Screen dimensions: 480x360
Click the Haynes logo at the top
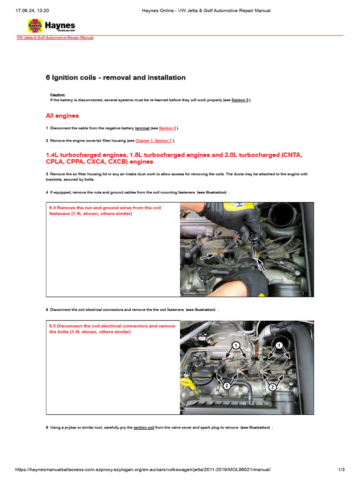point(51,26)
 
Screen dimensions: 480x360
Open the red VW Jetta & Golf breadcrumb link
point(55,38)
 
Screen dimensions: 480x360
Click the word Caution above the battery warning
point(58,95)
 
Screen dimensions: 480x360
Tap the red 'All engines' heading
point(62,116)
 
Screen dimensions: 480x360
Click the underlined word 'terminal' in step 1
point(142,128)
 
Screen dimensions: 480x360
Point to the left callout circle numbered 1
point(236,345)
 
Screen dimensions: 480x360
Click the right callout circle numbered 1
point(279,345)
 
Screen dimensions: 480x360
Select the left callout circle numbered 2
point(226,385)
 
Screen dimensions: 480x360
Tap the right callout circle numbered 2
point(271,387)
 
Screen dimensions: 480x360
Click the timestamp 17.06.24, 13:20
point(29,10)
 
